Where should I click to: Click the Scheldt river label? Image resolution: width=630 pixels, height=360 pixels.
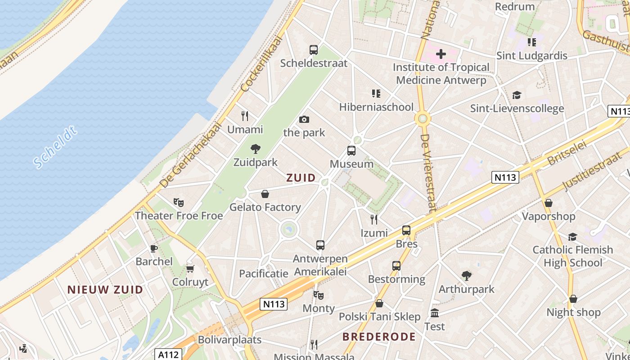(x=55, y=148)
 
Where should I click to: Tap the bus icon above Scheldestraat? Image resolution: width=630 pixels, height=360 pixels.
(x=314, y=50)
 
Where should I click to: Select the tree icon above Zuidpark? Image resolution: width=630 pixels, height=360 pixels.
(x=256, y=149)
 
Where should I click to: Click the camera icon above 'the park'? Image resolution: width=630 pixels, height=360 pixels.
(x=304, y=119)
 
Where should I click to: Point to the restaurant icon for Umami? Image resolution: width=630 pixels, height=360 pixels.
(x=245, y=116)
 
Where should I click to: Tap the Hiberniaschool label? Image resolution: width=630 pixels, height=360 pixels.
(x=376, y=107)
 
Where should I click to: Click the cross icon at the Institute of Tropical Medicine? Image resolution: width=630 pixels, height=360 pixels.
(x=441, y=54)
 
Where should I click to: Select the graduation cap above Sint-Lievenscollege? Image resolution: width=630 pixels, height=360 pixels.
(x=517, y=95)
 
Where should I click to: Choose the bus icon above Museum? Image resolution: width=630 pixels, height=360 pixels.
(x=351, y=151)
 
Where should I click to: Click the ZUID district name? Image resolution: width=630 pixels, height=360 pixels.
(x=301, y=178)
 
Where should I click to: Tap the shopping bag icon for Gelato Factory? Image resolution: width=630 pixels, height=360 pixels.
(x=265, y=194)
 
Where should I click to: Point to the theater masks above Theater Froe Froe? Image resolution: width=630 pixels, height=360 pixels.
(x=179, y=202)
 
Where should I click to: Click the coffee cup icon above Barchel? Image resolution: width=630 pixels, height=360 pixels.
(x=154, y=248)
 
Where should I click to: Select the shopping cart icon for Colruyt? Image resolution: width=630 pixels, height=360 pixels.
(x=190, y=269)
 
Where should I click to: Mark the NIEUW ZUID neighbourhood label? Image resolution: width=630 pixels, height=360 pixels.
(x=105, y=290)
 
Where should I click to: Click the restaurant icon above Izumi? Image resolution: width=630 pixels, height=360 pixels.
(x=374, y=220)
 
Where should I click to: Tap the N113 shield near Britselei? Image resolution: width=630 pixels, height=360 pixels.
(x=505, y=177)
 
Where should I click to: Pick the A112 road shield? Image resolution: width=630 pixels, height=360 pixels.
(x=168, y=355)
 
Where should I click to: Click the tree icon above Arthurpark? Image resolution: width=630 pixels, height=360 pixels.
(x=467, y=276)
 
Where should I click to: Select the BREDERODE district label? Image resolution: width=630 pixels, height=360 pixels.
(x=379, y=337)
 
